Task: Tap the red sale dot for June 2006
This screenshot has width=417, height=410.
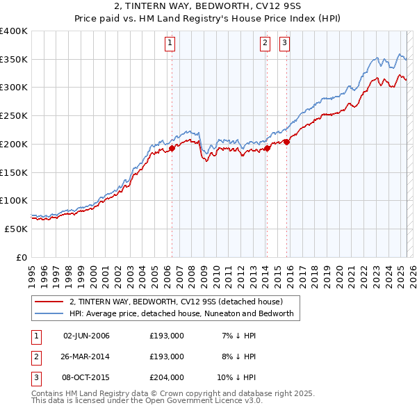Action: point(172,147)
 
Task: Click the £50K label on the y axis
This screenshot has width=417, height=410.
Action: point(17,229)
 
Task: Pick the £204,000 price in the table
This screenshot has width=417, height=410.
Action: point(167,377)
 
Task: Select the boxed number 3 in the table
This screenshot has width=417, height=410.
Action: point(35,377)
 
